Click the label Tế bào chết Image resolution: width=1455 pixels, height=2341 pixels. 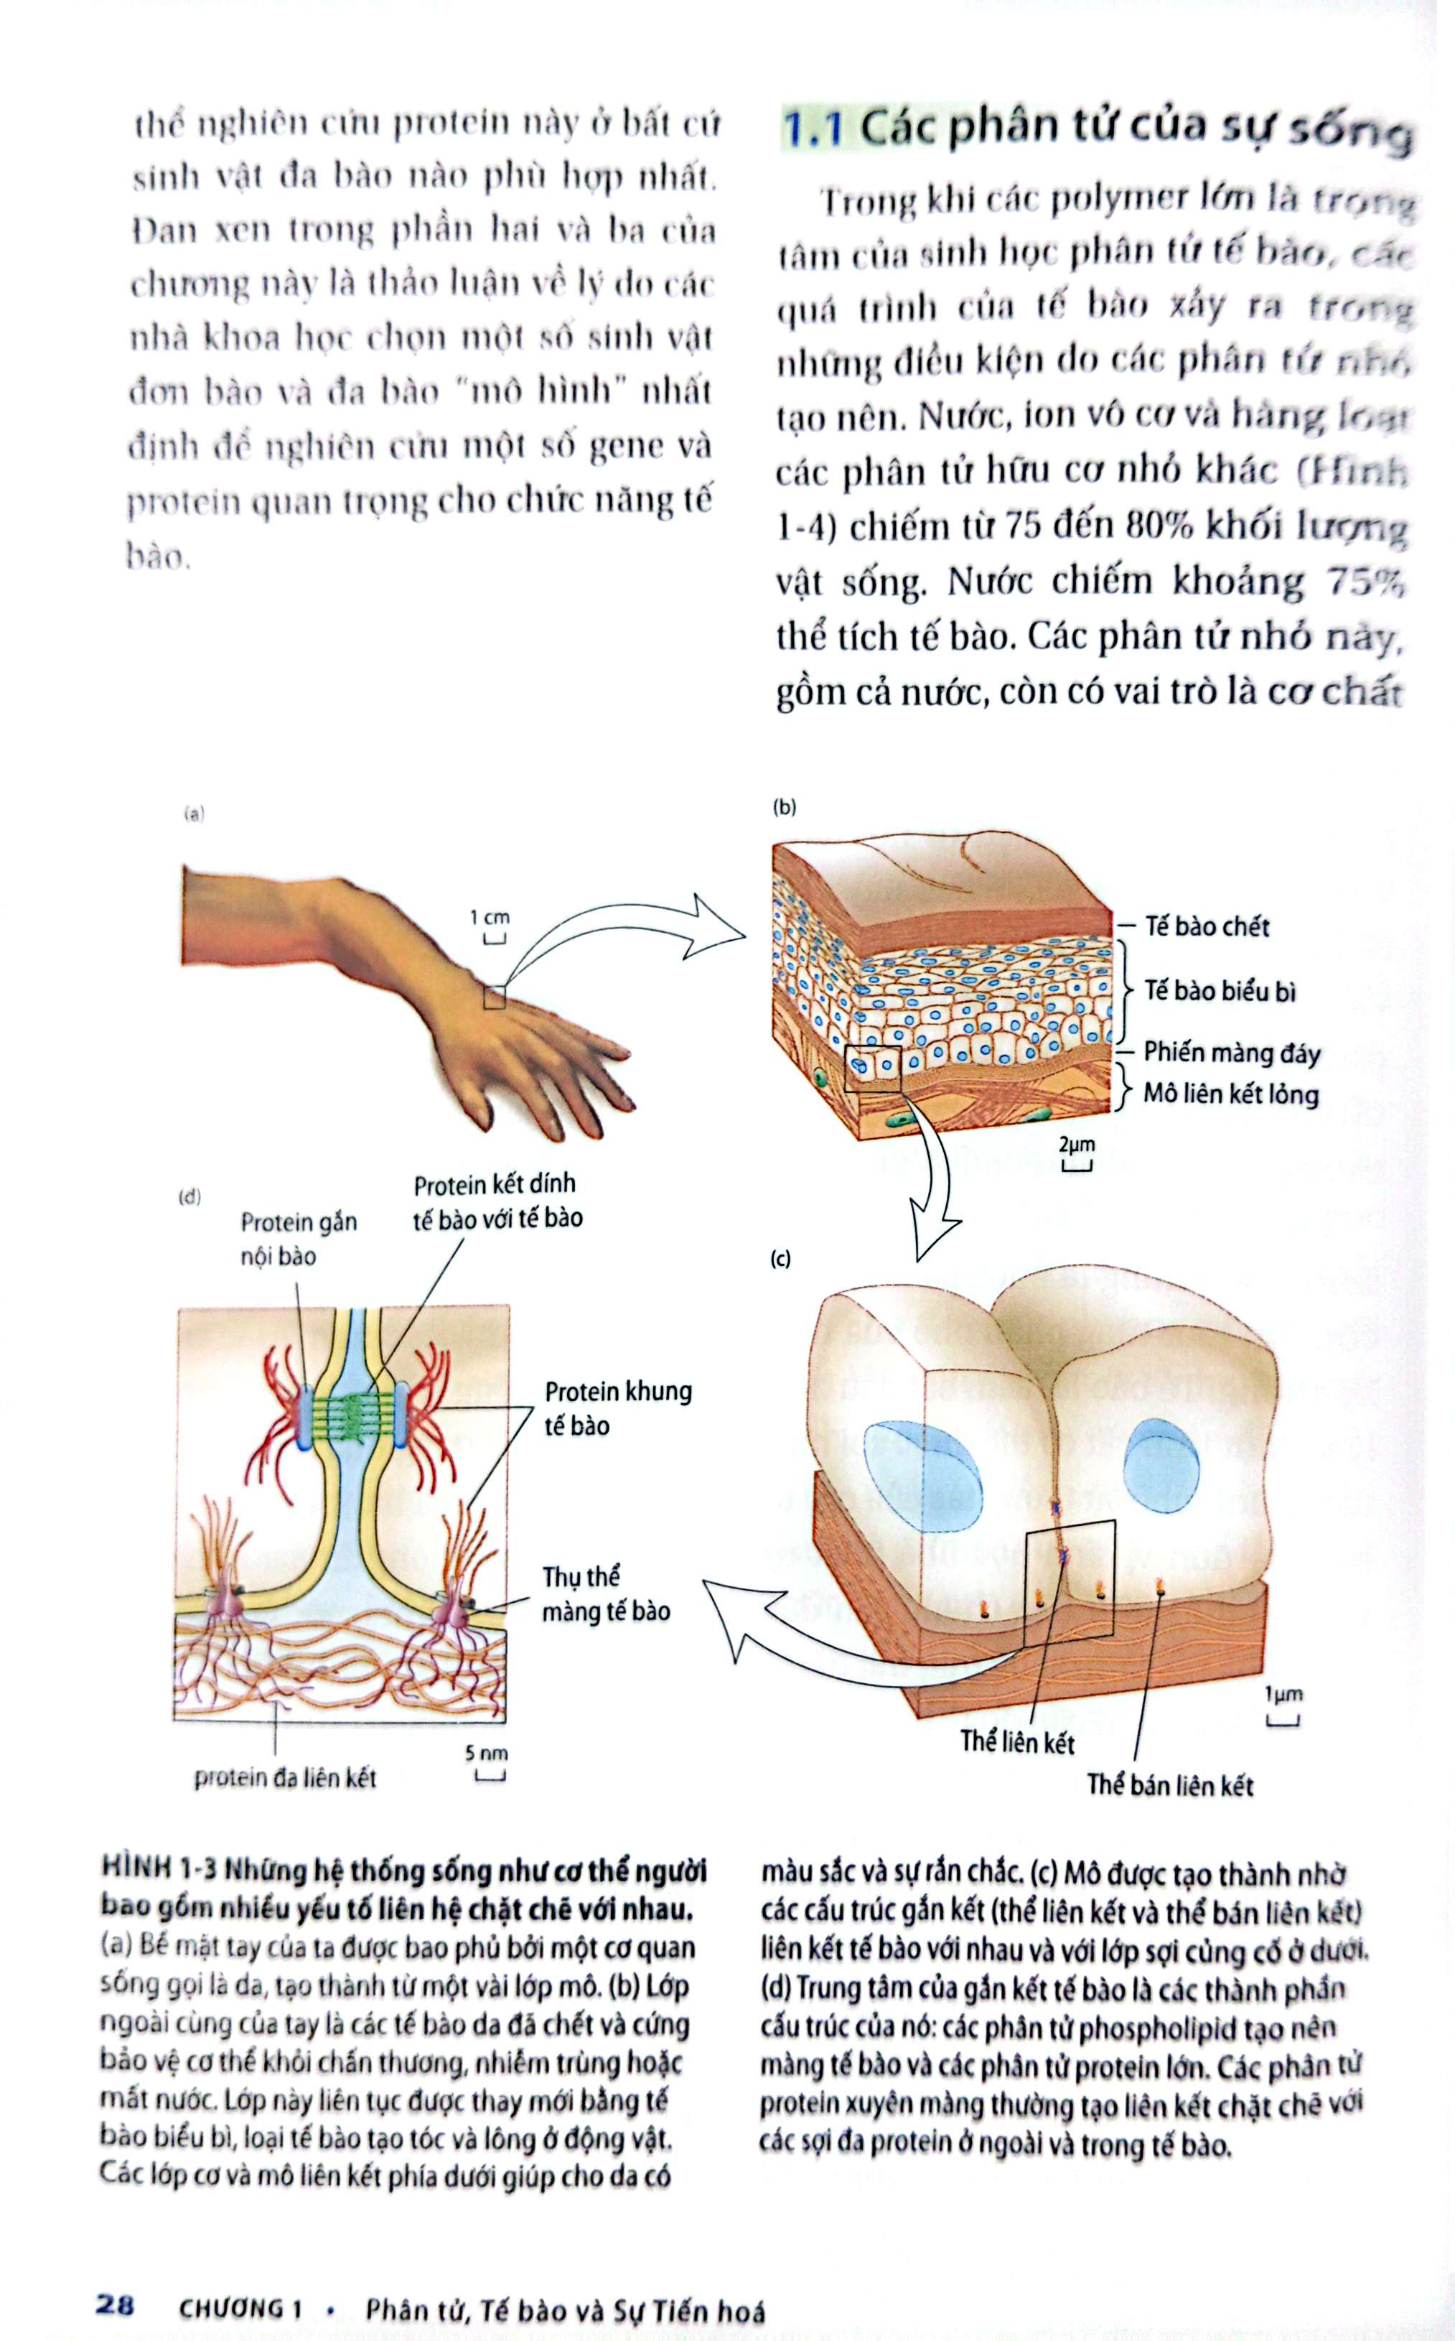tap(1207, 926)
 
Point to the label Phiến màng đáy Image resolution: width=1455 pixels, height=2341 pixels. tap(1231, 1052)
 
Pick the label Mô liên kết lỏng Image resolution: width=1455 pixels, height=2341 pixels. tap(1230, 1094)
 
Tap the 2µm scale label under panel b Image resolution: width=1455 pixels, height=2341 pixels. tap(1076, 1145)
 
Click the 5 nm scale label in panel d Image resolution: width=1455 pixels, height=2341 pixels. tap(486, 1753)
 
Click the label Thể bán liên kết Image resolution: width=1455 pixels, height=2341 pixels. tap(1169, 1786)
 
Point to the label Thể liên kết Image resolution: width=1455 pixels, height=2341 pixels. tap(1017, 1742)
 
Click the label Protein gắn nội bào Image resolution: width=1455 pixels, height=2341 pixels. tap(299, 1239)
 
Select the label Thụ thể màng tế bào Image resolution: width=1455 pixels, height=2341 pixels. tap(605, 1594)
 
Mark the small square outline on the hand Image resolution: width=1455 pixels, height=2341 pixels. tap(494, 997)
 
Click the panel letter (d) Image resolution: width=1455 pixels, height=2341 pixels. tap(190, 1198)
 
